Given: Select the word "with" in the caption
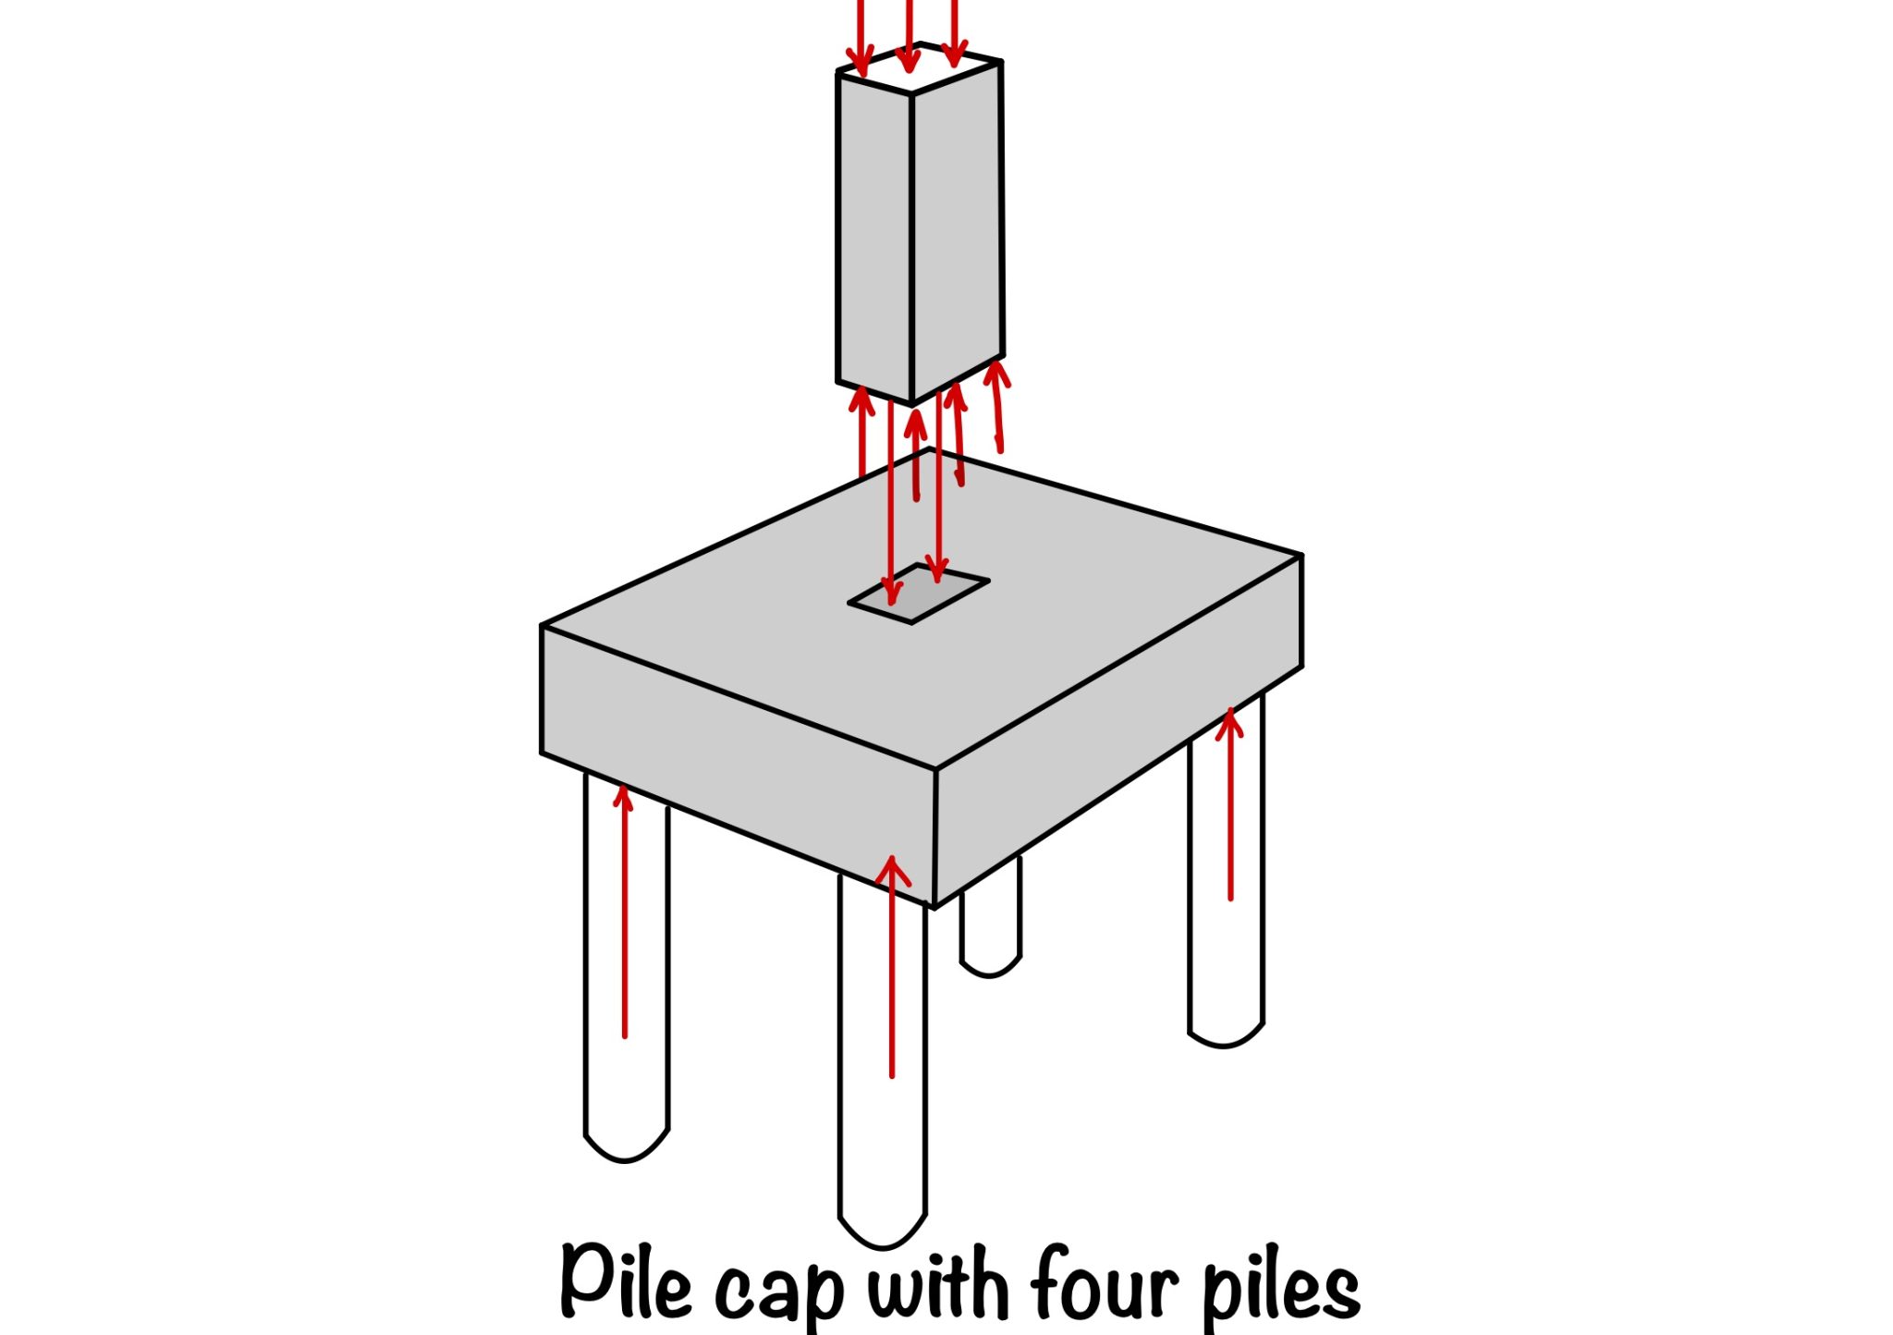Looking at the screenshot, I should (937, 1283).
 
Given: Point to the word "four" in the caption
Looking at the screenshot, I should (1105, 1283).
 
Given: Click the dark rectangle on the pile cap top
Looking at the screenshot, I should (919, 594).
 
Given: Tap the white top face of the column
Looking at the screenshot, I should (924, 68).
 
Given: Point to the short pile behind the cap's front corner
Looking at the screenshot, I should (991, 925).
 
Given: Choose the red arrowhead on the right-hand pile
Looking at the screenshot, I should (1229, 720).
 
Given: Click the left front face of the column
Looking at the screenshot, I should (874, 231).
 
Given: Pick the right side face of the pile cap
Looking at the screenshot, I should (1118, 730).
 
